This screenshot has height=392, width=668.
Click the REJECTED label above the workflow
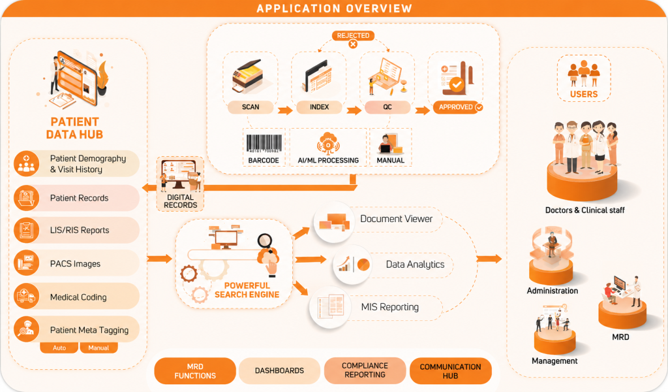click(x=353, y=35)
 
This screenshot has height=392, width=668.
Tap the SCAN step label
click(x=250, y=107)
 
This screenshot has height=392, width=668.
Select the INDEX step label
click(x=319, y=107)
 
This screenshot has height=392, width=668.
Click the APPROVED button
click(x=458, y=107)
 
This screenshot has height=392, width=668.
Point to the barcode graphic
click(x=264, y=143)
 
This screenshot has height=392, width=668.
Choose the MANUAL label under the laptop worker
click(x=390, y=160)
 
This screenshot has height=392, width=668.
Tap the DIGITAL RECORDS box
click(x=180, y=184)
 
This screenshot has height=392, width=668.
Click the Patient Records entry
click(x=76, y=198)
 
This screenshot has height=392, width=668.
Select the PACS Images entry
click(x=76, y=263)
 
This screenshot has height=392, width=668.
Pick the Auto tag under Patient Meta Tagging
click(x=59, y=348)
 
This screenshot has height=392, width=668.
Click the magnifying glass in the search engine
click(x=265, y=242)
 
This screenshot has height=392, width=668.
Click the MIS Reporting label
click(x=390, y=307)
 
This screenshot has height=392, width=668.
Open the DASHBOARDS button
click(x=279, y=370)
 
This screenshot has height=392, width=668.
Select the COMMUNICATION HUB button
click(x=450, y=371)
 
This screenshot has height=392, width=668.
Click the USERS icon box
click(x=584, y=78)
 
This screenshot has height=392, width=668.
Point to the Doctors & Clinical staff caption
click(x=585, y=210)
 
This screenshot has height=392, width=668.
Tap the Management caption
click(x=554, y=361)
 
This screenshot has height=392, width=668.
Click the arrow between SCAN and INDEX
click(x=285, y=110)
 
